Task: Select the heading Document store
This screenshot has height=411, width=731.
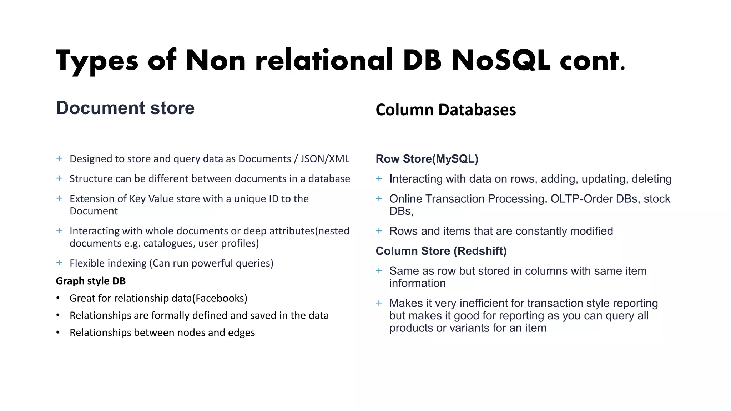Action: tap(125, 108)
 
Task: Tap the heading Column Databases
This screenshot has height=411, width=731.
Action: tap(445, 110)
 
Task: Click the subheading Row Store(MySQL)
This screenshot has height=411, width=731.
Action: tap(427, 159)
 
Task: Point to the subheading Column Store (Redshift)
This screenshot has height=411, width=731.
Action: tap(441, 251)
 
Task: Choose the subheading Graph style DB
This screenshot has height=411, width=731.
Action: tap(91, 281)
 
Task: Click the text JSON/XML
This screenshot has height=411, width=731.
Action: tap(325, 159)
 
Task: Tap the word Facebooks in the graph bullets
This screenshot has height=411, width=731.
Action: tap(220, 298)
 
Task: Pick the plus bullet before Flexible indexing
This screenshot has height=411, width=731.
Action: tap(59, 263)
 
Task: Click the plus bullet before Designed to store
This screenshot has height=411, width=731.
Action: tap(59, 158)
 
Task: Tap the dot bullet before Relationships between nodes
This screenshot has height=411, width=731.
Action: tap(58, 333)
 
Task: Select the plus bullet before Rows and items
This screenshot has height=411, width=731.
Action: tap(379, 231)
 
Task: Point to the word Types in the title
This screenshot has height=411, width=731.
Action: tap(97, 61)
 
